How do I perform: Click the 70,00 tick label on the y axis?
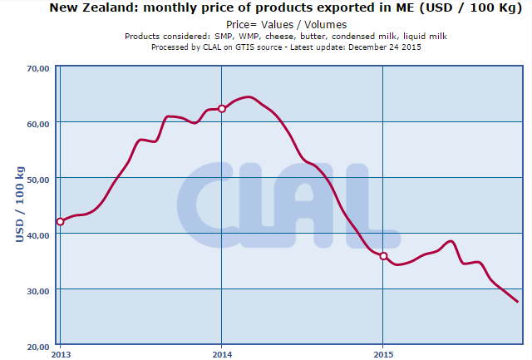(38, 67)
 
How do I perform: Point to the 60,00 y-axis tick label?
(38, 123)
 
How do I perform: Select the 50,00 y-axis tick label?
(38, 179)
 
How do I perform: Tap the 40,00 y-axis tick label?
(38, 234)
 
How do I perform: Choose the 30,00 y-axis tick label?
(38, 290)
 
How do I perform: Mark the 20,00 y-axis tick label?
(38, 346)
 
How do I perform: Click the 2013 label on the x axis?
(60, 353)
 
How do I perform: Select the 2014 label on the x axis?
(221, 353)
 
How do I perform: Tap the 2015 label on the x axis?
(382, 353)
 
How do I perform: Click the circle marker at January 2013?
(60, 221)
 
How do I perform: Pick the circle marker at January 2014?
(221, 109)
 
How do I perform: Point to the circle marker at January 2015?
(383, 256)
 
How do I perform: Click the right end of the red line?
(517, 301)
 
